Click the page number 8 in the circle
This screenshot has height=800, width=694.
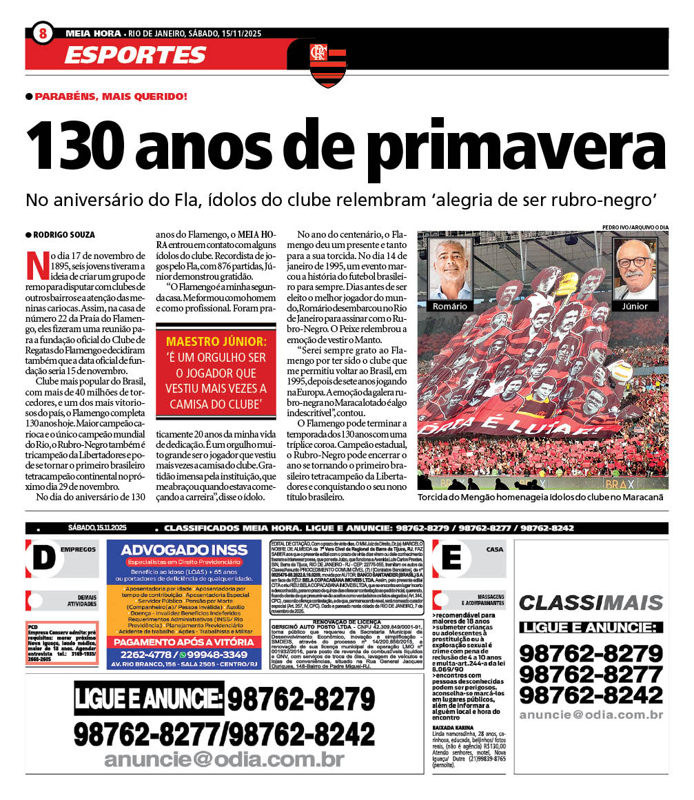pos(43,33)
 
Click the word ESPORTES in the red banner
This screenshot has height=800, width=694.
pos(135,55)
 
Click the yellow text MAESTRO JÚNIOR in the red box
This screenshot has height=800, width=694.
pos(216,342)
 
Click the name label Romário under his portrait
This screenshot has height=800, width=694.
pos(449,306)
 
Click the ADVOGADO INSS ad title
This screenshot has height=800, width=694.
pos(184,551)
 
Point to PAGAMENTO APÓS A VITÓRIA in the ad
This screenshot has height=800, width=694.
pos(184,642)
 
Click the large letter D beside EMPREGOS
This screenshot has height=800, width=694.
pos(43,557)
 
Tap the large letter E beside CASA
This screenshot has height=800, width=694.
pos(451,557)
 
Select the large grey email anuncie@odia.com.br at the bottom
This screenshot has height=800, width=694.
pos(224,759)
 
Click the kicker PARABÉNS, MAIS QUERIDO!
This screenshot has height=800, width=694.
pos(111,96)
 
